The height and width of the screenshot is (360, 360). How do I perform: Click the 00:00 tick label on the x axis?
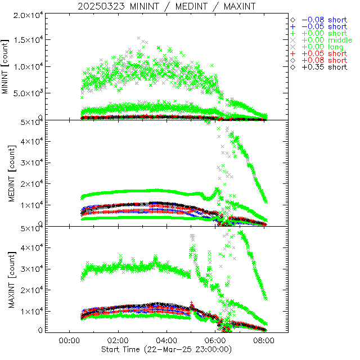(x=69, y=340)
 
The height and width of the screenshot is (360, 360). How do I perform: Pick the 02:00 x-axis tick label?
(x=118, y=340)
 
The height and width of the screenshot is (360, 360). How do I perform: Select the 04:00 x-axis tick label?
(x=166, y=340)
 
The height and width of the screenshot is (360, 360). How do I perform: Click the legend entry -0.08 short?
(x=323, y=20)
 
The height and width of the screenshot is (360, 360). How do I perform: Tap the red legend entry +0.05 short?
(x=323, y=53)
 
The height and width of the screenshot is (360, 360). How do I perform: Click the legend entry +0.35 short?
(x=323, y=67)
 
